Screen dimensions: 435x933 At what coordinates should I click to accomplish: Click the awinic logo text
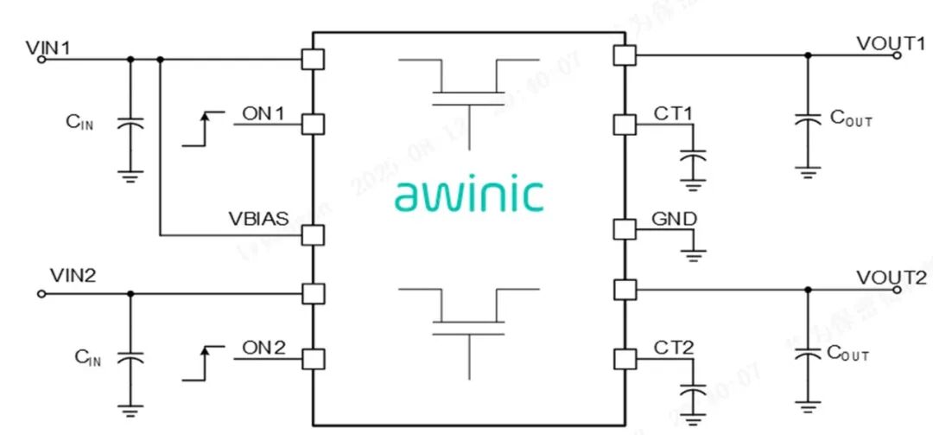coord(469,195)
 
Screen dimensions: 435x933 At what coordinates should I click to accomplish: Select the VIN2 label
coord(72,277)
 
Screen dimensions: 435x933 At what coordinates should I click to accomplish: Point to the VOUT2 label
coord(892,278)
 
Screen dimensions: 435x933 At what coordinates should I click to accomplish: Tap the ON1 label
coord(263,112)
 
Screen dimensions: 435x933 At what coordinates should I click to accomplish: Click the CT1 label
coord(674,112)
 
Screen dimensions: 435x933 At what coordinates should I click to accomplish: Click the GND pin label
coord(675,220)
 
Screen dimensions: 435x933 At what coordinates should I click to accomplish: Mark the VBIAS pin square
coord(312,234)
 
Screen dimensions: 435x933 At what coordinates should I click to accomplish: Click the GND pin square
coord(625,229)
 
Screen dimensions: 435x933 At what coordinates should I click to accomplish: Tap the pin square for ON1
coord(312,125)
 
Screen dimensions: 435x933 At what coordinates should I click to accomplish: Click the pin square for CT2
coord(625,358)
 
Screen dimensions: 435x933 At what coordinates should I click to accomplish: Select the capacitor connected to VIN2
coord(130,357)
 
